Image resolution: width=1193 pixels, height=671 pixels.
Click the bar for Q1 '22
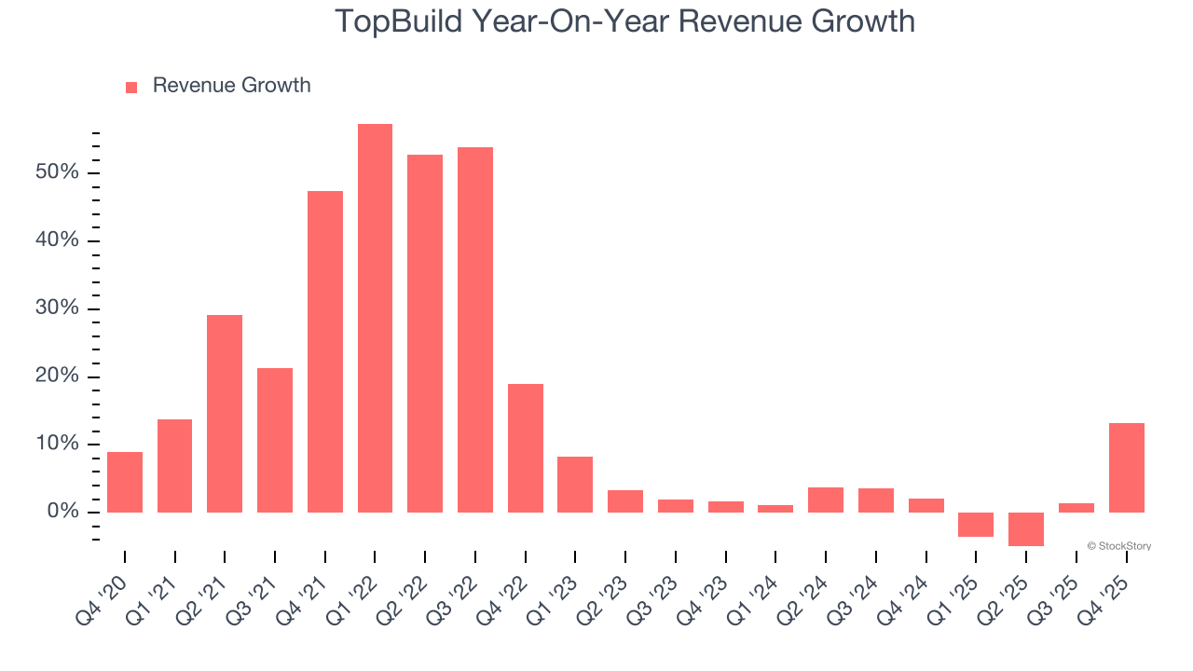click(x=375, y=318)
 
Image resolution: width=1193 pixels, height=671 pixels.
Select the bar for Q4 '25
click(x=1126, y=468)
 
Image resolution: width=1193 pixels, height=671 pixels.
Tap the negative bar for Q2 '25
click(x=1026, y=528)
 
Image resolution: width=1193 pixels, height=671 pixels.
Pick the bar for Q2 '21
click(x=225, y=414)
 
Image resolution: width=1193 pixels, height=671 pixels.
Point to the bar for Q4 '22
click(x=526, y=448)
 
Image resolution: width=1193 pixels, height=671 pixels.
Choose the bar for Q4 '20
click(x=125, y=482)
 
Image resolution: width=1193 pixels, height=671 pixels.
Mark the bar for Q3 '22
click(x=475, y=330)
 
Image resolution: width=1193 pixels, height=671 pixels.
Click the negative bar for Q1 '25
click(x=976, y=524)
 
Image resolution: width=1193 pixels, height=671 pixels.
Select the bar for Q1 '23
click(x=575, y=485)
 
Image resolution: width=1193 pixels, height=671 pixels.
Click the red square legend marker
click(x=131, y=87)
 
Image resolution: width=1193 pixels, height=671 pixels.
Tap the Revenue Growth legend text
click(x=231, y=86)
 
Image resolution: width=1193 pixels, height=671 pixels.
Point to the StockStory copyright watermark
click(x=1118, y=546)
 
